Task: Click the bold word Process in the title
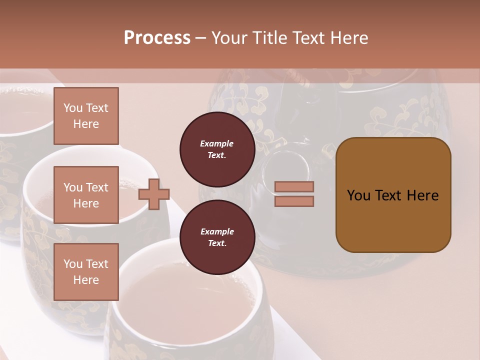coord(157,38)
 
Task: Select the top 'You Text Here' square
coord(86,116)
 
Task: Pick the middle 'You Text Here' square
coord(86,195)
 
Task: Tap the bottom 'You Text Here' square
coord(86,272)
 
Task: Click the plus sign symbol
coord(154,194)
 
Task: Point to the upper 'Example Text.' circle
coord(217,149)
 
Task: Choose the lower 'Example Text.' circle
coord(217,237)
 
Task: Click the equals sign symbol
coord(294,194)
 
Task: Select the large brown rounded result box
coord(393,195)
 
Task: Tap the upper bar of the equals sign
coord(294,187)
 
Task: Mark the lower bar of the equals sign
coord(294,201)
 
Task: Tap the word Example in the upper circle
coord(217,144)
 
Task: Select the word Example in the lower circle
coord(217,232)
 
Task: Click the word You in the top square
coord(72,108)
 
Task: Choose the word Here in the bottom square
coord(86,280)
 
